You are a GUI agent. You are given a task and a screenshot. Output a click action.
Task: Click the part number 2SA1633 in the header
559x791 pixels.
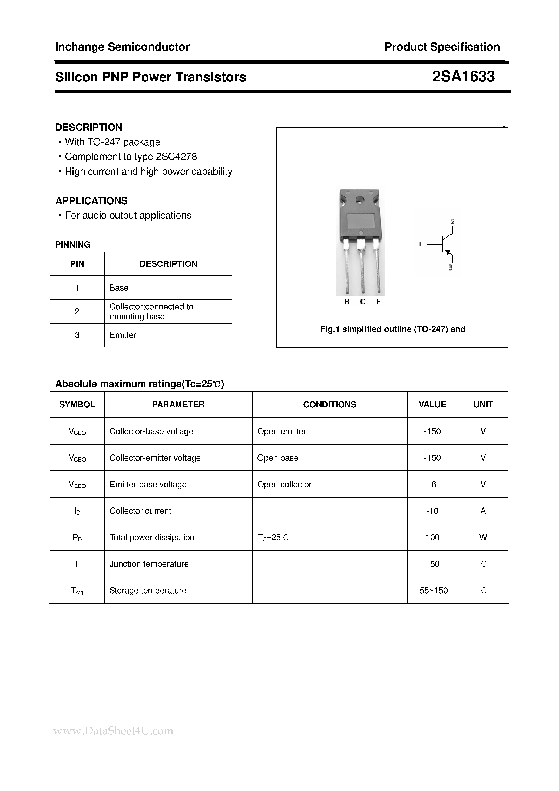(463, 77)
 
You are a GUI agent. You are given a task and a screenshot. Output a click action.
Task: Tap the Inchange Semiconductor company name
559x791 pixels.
(122, 47)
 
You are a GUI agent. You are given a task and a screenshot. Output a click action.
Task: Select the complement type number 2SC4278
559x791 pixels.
(176, 157)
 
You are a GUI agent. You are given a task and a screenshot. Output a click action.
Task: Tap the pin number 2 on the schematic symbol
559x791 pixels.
(452, 222)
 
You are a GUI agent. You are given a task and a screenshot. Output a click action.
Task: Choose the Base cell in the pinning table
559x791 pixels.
(119, 288)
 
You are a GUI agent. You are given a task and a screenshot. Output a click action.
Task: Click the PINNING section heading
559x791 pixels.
(73, 245)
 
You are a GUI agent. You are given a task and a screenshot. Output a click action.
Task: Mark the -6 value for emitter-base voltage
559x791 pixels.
(432, 485)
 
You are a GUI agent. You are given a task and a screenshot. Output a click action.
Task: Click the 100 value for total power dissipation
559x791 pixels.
(432, 538)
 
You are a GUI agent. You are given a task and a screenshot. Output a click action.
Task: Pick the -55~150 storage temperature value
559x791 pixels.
(432, 591)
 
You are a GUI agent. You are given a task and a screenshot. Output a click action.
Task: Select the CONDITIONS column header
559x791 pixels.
(329, 404)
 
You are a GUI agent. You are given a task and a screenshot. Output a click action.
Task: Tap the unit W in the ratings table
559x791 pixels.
(483, 538)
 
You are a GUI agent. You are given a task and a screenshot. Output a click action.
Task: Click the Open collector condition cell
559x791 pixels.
(284, 485)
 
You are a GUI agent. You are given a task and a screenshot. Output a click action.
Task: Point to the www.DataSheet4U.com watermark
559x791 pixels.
(114, 731)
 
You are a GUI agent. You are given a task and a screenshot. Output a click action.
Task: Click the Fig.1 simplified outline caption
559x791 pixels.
(392, 329)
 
